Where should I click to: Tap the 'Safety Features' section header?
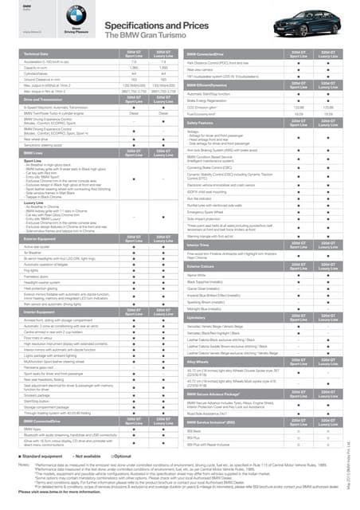204,124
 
